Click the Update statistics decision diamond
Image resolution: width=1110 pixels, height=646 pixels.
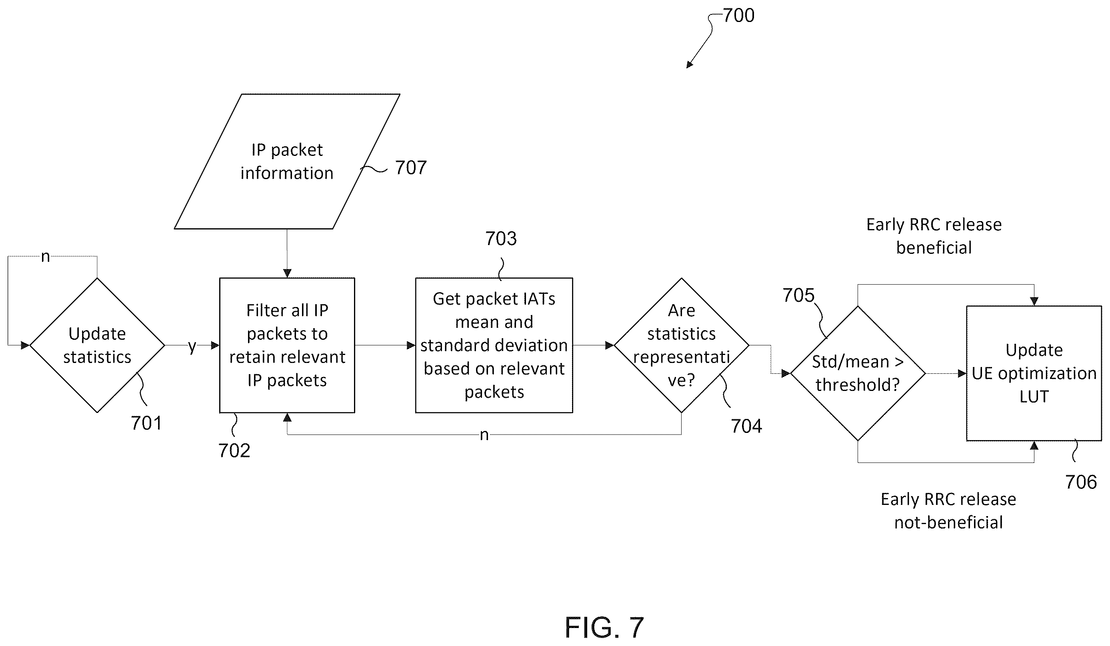click(97, 345)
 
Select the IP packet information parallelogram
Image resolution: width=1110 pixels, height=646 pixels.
click(287, 161)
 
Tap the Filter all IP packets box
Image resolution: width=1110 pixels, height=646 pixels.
click(287, 345)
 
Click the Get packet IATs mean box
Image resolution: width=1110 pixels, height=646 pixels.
click(494, 345)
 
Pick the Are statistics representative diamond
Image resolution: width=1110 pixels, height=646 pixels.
click(682, 345)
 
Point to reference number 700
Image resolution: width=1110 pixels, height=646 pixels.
click(739, 16)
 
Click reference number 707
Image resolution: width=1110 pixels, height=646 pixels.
click(411, 167)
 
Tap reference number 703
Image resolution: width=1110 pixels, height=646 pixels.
click(501, 239)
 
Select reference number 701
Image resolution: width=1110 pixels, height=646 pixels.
click(147, 423)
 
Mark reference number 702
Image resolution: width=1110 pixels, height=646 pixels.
click(234, 451)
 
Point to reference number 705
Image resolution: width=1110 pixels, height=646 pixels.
click(798, 295)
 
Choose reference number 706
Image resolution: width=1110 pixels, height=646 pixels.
click(1081, 482)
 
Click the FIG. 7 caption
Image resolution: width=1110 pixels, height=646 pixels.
click(604, 628)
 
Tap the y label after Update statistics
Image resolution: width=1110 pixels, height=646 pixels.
click(192, 346)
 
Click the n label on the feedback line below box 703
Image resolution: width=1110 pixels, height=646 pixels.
click(484, 435)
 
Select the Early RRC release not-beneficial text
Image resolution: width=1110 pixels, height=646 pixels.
click(948, 511)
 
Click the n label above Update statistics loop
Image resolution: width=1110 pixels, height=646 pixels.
click(45, 257)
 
